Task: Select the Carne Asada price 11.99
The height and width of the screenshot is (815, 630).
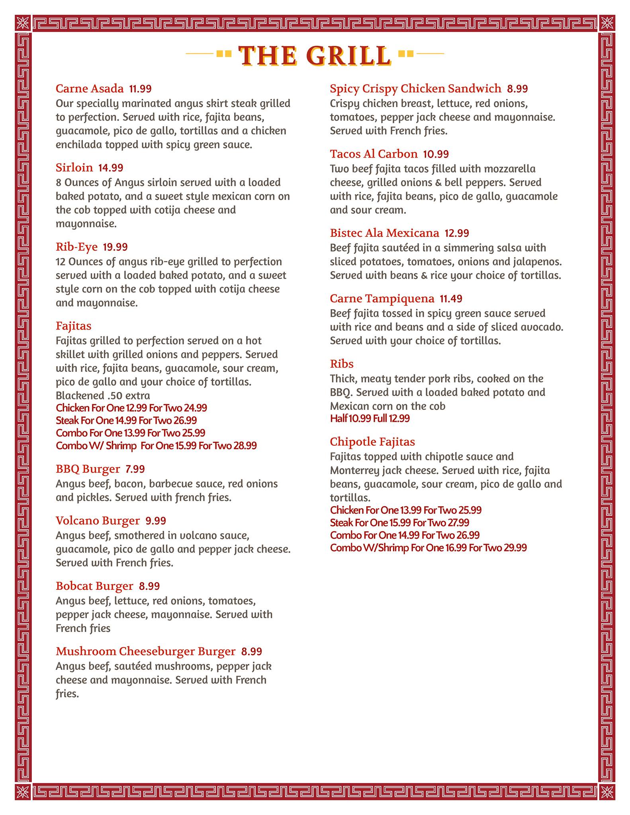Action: click(140, 89)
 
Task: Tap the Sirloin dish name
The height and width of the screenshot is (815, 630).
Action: click(74, 168)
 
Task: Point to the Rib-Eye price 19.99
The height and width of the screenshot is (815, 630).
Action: click(115, 247)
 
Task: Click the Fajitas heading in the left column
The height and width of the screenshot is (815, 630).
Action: click(74, 326)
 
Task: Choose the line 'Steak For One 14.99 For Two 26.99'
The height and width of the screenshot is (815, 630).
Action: click(126, 420)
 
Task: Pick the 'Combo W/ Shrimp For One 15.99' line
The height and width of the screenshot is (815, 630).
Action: click(156, 445)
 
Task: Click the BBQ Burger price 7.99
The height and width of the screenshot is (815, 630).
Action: click(135, 469)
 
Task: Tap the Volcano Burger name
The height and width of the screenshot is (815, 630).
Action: click(98, 521)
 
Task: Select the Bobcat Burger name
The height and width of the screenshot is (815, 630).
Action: click(94, 586)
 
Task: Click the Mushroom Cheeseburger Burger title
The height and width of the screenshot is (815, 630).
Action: click(145, 651)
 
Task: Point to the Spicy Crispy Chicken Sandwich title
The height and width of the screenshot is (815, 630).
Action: click(415, 88)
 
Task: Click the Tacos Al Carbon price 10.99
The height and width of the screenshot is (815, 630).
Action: click(436, 154)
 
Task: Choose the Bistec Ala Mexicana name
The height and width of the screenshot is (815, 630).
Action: click(384, 233)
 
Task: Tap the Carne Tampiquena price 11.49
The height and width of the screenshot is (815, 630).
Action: click(451, 298)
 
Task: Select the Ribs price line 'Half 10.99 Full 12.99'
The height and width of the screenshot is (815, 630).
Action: click(370, 418)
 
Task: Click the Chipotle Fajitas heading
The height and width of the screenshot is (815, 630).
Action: click(372, 442)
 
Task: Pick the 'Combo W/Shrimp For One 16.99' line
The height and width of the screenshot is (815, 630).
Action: click(428, 548)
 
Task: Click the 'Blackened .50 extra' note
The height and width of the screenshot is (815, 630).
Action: click(103, 396)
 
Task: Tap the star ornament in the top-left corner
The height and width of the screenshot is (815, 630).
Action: click(23, 23)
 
